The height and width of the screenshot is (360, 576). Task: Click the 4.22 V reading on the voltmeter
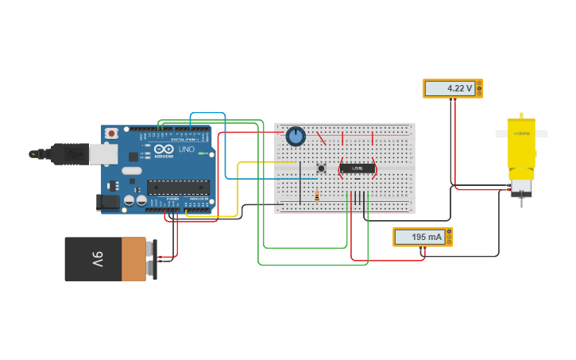[449, 88]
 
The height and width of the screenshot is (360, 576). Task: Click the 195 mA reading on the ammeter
[418, 237]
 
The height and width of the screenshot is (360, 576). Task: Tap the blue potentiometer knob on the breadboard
[296, 137]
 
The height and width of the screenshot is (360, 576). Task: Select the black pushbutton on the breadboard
[321, 168]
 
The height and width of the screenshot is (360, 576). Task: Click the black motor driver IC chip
[358, 168]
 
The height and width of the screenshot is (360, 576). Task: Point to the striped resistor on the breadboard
[317, 195]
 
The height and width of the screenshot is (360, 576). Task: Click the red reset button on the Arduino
[111, 133]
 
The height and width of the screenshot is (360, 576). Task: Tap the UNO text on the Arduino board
[186, 149]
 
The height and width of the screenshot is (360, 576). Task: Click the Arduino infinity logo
[164, 149]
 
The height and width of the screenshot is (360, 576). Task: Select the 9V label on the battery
[97, 258]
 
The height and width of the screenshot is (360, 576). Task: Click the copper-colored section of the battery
[133, 258]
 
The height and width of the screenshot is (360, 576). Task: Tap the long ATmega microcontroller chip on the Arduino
[178, 188]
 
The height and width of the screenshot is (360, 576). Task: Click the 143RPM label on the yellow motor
[520, 134]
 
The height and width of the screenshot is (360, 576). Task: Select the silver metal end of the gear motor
[521, 188]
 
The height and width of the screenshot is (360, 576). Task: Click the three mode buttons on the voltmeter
[479, 88]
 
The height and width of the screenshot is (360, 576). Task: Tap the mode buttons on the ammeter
[449, 237]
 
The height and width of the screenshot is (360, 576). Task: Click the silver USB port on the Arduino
[103, 153]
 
